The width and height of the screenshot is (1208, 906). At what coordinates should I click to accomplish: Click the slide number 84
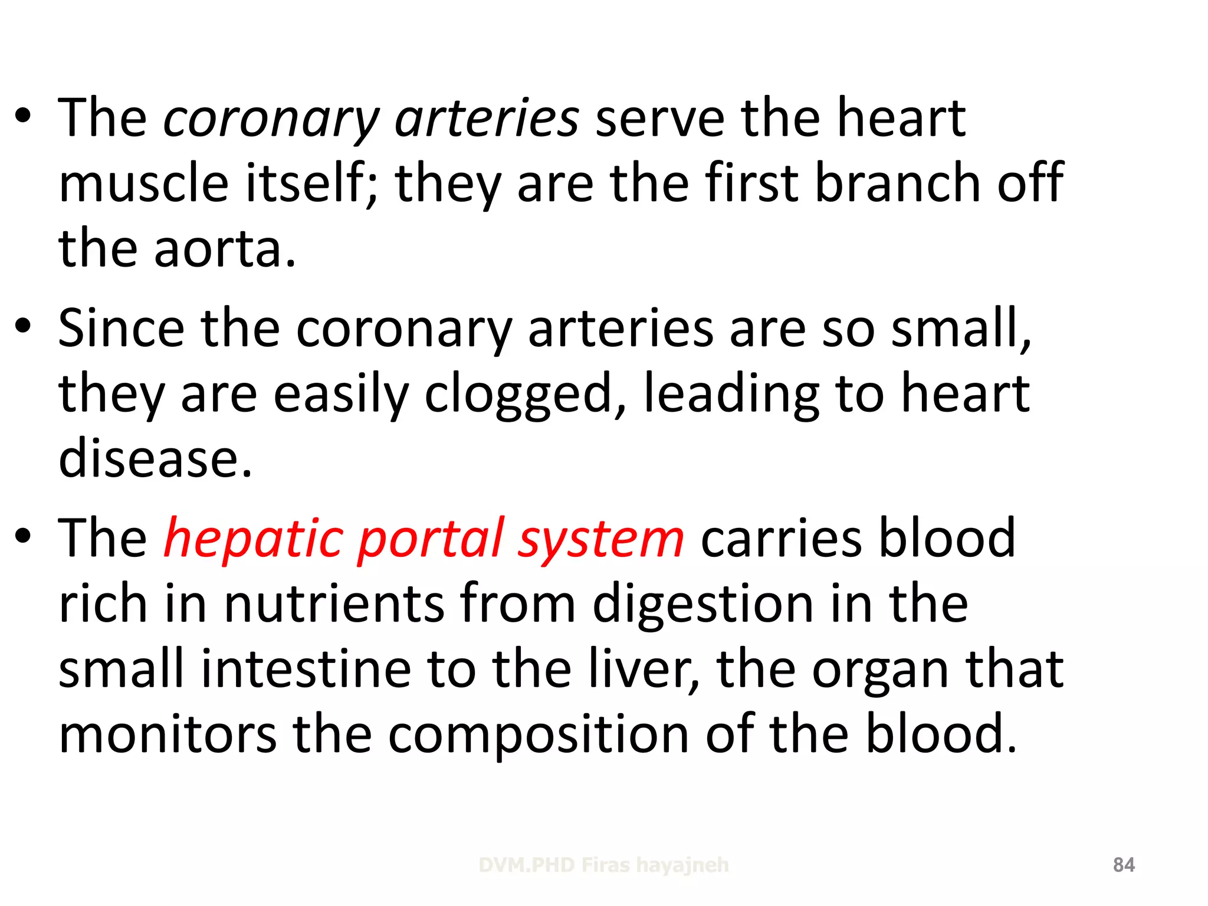click(1124, 865)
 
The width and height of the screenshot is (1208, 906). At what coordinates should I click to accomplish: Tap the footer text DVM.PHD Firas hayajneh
click(603, 865)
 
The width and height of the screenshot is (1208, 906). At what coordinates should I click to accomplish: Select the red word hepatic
click(253, 538)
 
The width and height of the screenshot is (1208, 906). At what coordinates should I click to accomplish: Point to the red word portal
click(431, 538)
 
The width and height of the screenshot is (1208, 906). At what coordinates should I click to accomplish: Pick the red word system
click(600, 538)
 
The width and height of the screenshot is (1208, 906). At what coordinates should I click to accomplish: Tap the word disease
click(156, 458)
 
